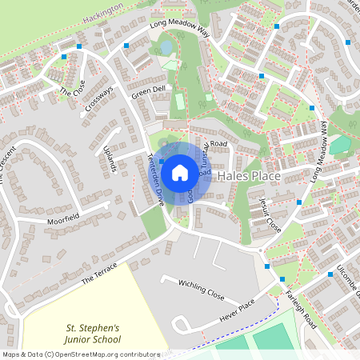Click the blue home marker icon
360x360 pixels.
click(x=180, y=171)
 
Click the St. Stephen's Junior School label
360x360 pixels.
click(x=92, y=333)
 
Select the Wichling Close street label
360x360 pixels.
click(x=202, y=289)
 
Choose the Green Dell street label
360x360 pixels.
click(x=148, y=92)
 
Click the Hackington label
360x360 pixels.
click(x=104, y=10)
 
